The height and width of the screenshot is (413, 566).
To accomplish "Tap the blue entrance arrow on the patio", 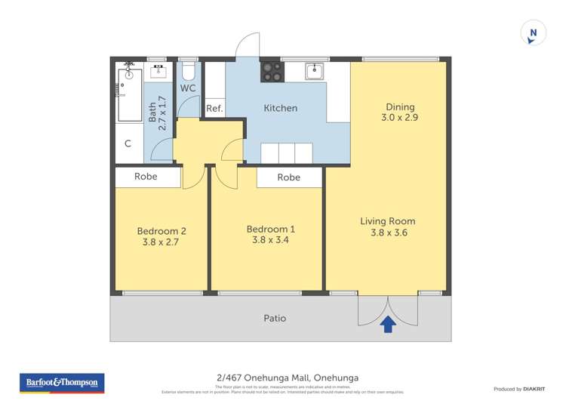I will pyautogui.click(x=388, y=324).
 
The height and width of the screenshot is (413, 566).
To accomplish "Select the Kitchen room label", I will pyautogui.click(x=280, y=108).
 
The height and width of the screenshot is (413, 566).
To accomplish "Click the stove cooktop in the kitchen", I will pyautogui.click(x=272, y=72).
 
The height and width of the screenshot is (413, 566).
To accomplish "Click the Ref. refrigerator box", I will pyautogui.click(x=214, y=109).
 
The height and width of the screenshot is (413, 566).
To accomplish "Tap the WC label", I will pyautogui.click(x=188, y=88).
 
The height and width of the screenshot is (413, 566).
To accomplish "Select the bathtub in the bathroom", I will pyautogui.click(x=129, y=94).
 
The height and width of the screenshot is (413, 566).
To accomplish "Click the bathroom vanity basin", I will pyautogui.click(x=158, y=72).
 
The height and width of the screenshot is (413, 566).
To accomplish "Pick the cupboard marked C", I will pyautogui.click(x=128, y=143).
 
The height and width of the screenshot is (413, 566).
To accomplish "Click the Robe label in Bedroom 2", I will pyautogui.click(x=146, y=177).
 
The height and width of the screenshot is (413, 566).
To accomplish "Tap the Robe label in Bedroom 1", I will pyautogui.click(x=288, y=177).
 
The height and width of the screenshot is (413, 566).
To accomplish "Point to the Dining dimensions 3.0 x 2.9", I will pyautogui.click(x=400, y=118).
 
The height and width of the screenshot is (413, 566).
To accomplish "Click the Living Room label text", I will pyautogui.click(x=387, y=221).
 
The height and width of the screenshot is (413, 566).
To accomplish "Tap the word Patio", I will pyautogui.click(x=275, y=319).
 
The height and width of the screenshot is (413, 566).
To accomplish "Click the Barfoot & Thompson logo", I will pyautogui.click(x=62, y=383).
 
